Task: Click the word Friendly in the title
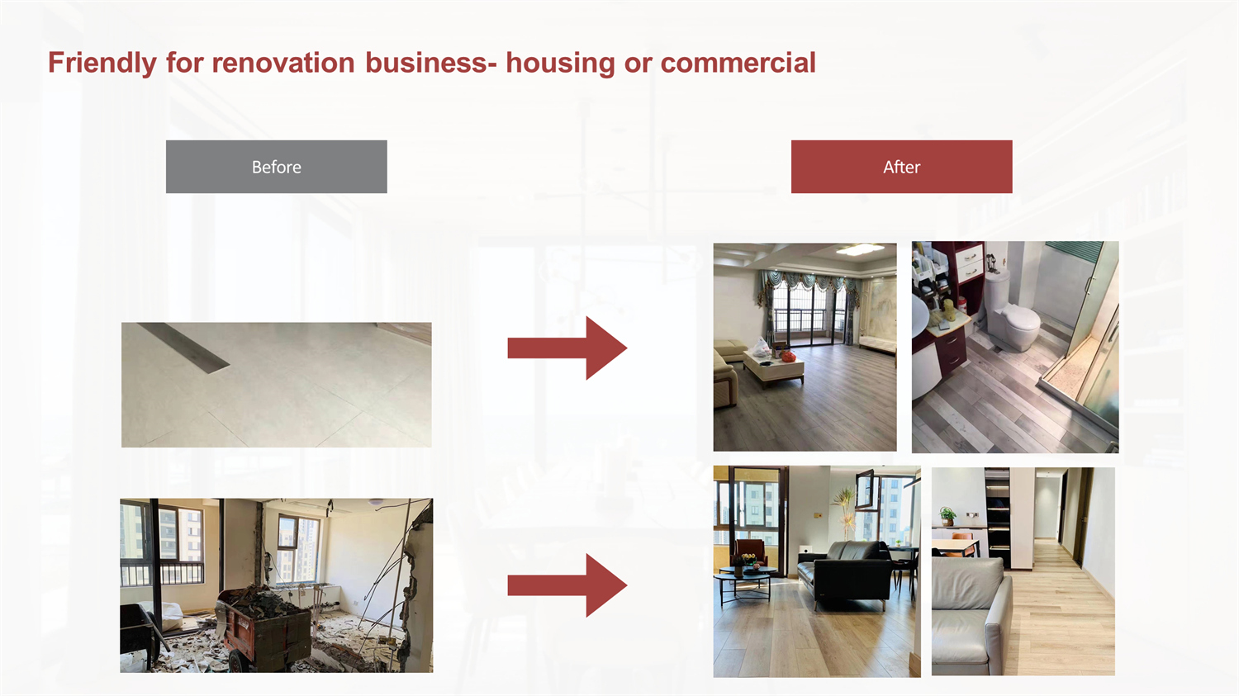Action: coord(102,63)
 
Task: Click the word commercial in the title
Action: coord(738,63)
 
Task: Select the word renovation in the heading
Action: coord(283,63)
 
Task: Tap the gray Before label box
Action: coord(277,167)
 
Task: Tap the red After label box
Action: coord(902,167)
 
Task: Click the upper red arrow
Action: coord(567,348)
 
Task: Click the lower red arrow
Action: coord(567,585)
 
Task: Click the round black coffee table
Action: coord(744,581)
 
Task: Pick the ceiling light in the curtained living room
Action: coord(860,250)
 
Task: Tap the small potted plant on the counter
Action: coord(947,516)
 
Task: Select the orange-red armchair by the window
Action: coord(751,552)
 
